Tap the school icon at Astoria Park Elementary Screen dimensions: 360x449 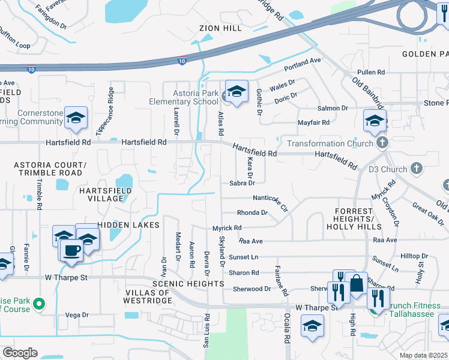(237, 91)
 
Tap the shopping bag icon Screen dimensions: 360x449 (357, 283)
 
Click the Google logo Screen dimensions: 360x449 (20, 352)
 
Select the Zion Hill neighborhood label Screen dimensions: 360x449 (221, 28)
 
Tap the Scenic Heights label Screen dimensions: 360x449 (188, 283)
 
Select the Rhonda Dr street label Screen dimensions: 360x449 (252, 212)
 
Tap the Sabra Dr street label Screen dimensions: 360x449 (243, 183)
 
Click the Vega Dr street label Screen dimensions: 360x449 (76, 314)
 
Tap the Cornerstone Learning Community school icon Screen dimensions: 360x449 (76, 118)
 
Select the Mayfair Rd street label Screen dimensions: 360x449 (313, 122)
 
